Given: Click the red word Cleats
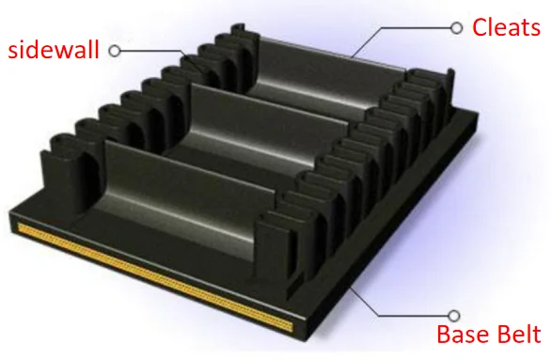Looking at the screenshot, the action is pos(506,27).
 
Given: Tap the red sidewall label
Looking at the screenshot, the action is pos(54,50).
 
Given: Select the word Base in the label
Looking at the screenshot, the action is pos(463,334).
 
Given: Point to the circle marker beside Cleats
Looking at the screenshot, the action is pos(457,28).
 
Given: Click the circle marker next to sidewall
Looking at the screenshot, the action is pos(115,51).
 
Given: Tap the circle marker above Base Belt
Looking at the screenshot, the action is pos(454,316).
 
